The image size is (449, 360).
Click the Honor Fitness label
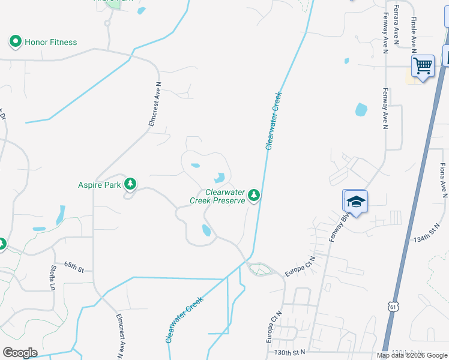pyautogui.click(x=50, y=42)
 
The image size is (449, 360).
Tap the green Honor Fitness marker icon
pyautogui.click(x=15, y=42)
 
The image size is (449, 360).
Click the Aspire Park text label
pyautogui.click(x=100, y=184)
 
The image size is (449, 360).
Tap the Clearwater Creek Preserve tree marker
pyautogui.click(x=255, y=194)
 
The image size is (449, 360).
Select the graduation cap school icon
pyautogui.click(x=355, y=202)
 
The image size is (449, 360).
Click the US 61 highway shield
pyautogui.click(x=393, y=307)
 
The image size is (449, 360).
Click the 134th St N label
pyautogui.click(x=427, y=238)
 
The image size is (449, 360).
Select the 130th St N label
pyautogui.click(x=291, y=352)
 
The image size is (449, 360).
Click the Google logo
pyautogui.click(x=20, y=353)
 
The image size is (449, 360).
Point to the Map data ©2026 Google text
pyautogui.click(x=412, y=355)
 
